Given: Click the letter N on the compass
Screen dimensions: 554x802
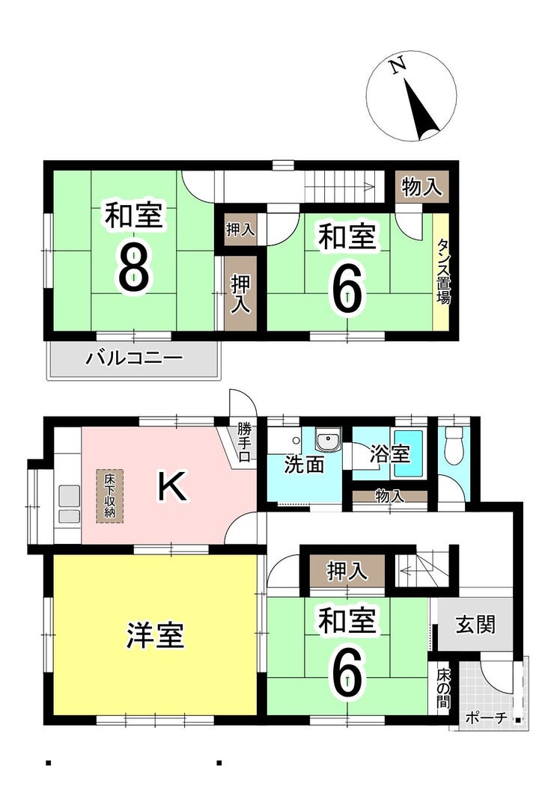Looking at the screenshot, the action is (x=398, y=67).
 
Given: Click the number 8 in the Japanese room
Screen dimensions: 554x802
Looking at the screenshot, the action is (x=134, y=267).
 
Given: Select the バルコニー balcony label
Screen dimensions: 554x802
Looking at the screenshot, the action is (x=134, y=357).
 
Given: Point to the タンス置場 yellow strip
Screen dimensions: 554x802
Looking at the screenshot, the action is (x=442, y=272).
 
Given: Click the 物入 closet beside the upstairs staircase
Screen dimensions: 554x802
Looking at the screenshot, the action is (x=422, y=186).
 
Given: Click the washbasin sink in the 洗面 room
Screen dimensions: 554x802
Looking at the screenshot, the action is (x=327, y=441).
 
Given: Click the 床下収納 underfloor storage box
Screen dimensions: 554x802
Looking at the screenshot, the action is (x=109, y=496).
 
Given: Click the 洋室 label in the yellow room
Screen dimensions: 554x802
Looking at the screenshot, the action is (x=155, y=634).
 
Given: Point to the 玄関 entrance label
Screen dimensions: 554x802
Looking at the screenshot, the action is (x=475, y=624).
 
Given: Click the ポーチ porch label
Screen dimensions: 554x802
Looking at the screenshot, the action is (x=487, y=717).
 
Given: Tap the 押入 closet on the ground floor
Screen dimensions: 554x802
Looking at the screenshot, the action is (x=347, y=571).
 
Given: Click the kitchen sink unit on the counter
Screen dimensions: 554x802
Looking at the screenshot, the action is (x=69, y=503).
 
